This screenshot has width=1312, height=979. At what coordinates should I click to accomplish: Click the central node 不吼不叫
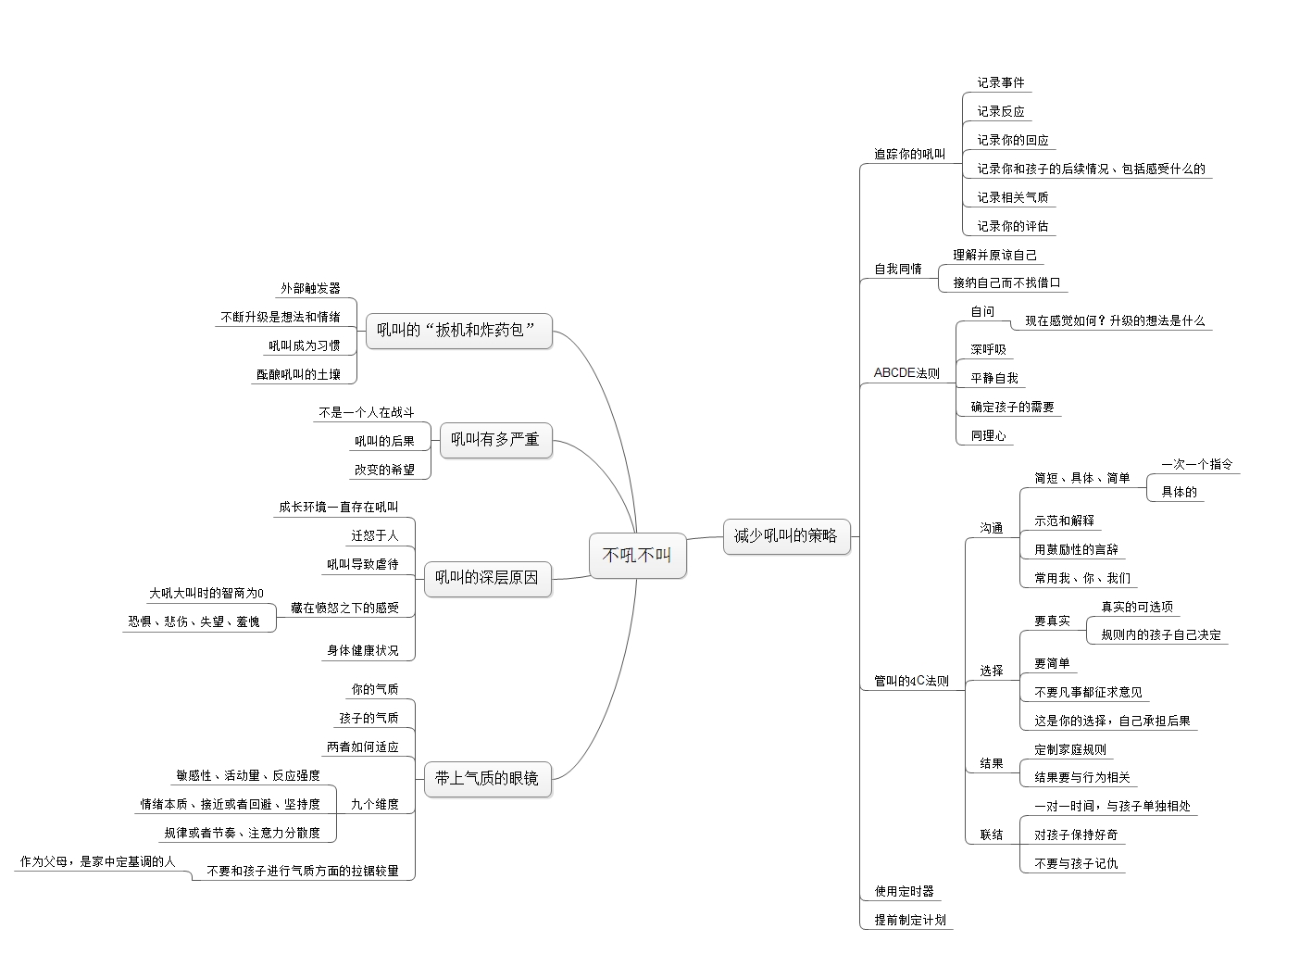pyautogui.click(x=637, y=556)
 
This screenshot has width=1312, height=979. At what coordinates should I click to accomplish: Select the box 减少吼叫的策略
pyautogui.click(x=785, y=535)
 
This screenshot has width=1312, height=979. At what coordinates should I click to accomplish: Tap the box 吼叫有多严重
pyautogui.click(x=494, y=439)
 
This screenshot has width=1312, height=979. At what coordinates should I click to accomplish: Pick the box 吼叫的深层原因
pyautogui.click(x=486, y=577)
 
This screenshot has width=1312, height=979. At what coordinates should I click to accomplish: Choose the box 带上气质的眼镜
pyautogui.click(x=486, y=778)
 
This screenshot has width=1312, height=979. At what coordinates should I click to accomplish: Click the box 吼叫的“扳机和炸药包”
pyautogui.click(x=457, y=330)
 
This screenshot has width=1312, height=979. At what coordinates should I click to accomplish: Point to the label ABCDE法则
pyautogui.click(x=906, y=373)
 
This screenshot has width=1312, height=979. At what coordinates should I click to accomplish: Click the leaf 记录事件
pyautogui.click(x=1001, y=82)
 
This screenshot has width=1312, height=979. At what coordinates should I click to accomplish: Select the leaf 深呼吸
pyautogui.click(x=988, y=349)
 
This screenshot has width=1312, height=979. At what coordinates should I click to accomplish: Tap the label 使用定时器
pyautogui.click(x=905, y=891)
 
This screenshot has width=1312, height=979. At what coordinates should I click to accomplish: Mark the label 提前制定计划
pyautogui.click(x=910, y=920)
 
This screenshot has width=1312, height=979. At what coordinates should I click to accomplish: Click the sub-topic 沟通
pyautogui.click(x=992, y=528)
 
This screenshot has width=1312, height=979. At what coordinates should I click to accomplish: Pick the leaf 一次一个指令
pyautogui.click(x=1197, y=464)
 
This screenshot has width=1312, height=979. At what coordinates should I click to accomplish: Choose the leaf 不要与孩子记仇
pyautogui.click(x=1076, y=863)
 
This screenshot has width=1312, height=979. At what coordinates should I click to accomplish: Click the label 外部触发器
pyautogui.click(x=311, y=288)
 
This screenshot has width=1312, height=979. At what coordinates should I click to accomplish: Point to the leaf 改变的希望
pyautogui.click(x=384, y=470)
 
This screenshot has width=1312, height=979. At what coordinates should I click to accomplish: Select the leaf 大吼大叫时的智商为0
pyautogui.click(x=206, y=593)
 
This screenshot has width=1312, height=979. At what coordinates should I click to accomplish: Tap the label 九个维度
pyautogui.click(x=374, y=804)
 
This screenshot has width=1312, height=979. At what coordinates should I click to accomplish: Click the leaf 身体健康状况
pyautogui.click(x=362, y=650)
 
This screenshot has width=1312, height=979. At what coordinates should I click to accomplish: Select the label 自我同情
pyautogui.click(x=898, y=269)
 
